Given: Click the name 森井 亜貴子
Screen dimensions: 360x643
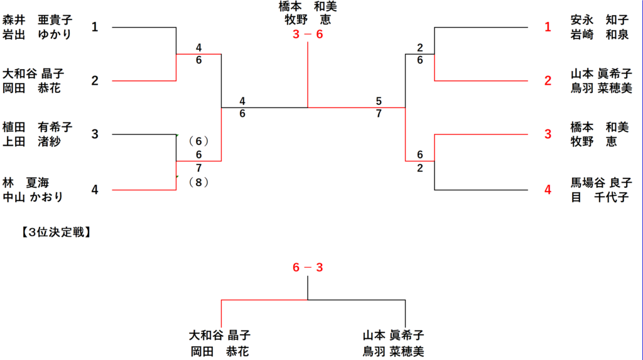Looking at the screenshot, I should pyautogui.click(x=38, y=20).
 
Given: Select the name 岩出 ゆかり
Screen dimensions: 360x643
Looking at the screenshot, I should pyautogui.click(x=38, y=34).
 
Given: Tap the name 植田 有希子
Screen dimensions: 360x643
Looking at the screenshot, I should pyautogui.click(x=38, y=128).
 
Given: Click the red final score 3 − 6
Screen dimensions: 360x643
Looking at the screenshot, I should pyautogui.click(x=308, y=35).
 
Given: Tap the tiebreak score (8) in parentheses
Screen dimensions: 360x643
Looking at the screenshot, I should pyautogui.click(x=198, y=182).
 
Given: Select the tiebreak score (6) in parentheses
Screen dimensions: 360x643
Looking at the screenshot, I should pyautogui.click(x=198, y=141).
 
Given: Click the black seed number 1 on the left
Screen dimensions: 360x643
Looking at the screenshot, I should pyautogui.click(x=95, y=27).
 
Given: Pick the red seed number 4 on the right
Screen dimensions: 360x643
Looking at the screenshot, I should pyautogui.click(x=548, y=189).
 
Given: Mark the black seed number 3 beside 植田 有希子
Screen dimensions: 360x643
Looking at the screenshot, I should pyautogui.click(x=95, y=134).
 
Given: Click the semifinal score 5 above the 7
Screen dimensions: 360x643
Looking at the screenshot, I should pyautogui.click(x=379, y=101).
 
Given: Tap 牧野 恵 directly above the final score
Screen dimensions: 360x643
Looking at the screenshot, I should pyautogui.click(x=308, y=19).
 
